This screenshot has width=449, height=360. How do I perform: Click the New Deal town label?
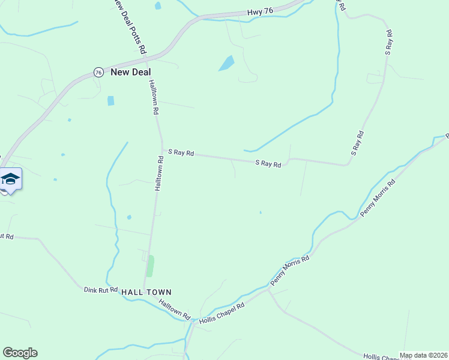126,72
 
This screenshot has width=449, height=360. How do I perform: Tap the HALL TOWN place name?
146,292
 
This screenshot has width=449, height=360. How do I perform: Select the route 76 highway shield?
98,72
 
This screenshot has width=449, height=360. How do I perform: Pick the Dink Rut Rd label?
100,290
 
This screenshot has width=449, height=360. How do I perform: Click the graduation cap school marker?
10,179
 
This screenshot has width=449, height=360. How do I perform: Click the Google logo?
20,353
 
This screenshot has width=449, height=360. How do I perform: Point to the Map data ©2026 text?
423,355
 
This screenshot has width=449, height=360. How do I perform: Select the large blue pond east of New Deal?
226,63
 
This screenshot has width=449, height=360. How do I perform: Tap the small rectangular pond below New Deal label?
110,101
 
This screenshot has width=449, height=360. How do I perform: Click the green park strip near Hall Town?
150,266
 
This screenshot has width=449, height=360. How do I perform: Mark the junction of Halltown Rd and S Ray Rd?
162,151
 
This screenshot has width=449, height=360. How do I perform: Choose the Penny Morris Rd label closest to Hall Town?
290,269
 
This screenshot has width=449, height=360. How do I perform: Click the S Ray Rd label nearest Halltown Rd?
181,154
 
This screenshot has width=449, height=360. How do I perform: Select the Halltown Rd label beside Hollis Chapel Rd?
175,309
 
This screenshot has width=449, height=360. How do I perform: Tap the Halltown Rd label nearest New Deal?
154,97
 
